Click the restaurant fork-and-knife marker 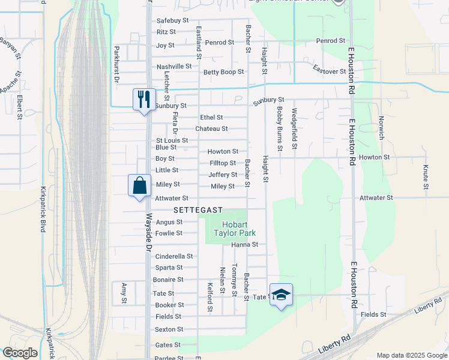144,100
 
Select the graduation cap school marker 281,295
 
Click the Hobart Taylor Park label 231,228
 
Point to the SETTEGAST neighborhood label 198,210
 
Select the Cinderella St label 174,256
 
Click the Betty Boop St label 223,72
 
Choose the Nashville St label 174,67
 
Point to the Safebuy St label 173,20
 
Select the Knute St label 426,177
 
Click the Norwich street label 381,128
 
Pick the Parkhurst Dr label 117,64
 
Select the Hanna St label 244,245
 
